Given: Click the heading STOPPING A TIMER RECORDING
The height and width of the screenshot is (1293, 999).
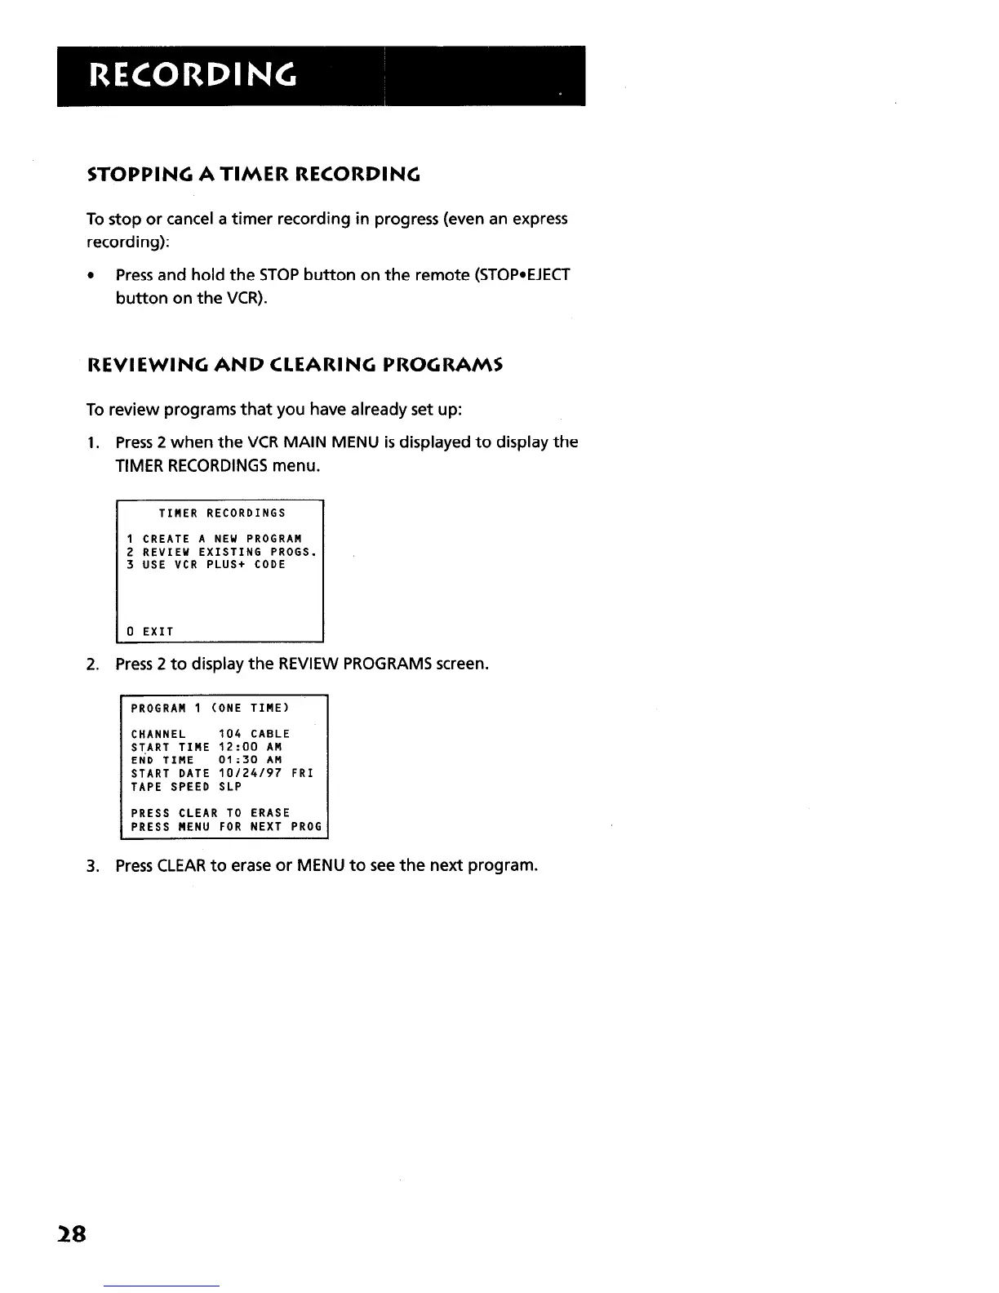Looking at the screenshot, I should pos(253,175).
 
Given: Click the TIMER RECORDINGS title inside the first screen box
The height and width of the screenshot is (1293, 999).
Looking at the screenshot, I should pos(222,513).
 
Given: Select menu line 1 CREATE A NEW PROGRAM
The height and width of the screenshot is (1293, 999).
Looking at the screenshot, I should pos(215,539).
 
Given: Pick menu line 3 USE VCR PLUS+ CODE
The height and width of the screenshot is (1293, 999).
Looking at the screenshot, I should pos(206,565).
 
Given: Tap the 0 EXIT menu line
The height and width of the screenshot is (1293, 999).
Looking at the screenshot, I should pos(150,631).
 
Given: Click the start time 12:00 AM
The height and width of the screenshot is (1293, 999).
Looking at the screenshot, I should pos(251,747).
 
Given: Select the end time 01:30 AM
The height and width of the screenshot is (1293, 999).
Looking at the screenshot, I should pos(251,760).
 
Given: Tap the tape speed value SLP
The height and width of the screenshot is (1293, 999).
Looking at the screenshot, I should pos(231,787).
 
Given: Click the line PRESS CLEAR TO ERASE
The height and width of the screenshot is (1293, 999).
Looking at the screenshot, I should pos(211,813).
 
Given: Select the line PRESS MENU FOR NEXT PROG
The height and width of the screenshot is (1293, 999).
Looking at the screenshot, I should pos(227,827).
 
